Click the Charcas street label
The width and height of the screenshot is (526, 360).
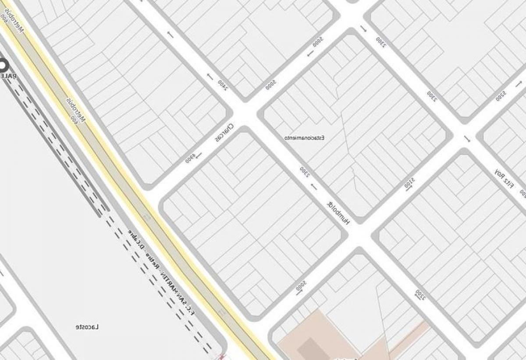pyautogui.click(x=224, y=133)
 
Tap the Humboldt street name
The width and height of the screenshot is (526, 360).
pyautogui.click(x=338, y=213)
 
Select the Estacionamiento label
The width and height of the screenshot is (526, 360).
pyautogui.click(x=305, y=138)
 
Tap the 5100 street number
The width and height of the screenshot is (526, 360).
pyautogui.click(x=409, y=184)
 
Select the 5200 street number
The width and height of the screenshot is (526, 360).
pyautogui.click(x=501, y=96)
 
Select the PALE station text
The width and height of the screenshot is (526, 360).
pyautogui.click(x=8, y=76)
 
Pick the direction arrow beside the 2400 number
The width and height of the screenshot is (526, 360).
pyautogui.click(x=210, y=77)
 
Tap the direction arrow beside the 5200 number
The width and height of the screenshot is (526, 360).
pyautogui.click(x=467, y=139)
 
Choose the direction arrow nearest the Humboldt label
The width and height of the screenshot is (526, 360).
pyautogui.click(x=313, y=187)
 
